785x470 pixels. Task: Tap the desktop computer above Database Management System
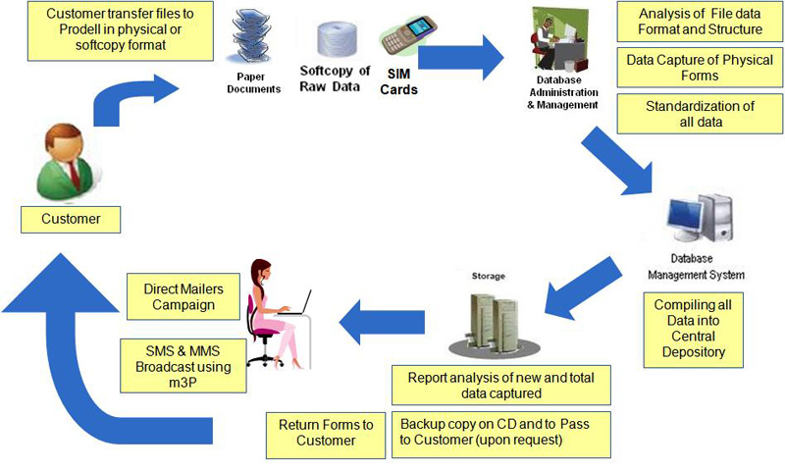click(x=700, y=222)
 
